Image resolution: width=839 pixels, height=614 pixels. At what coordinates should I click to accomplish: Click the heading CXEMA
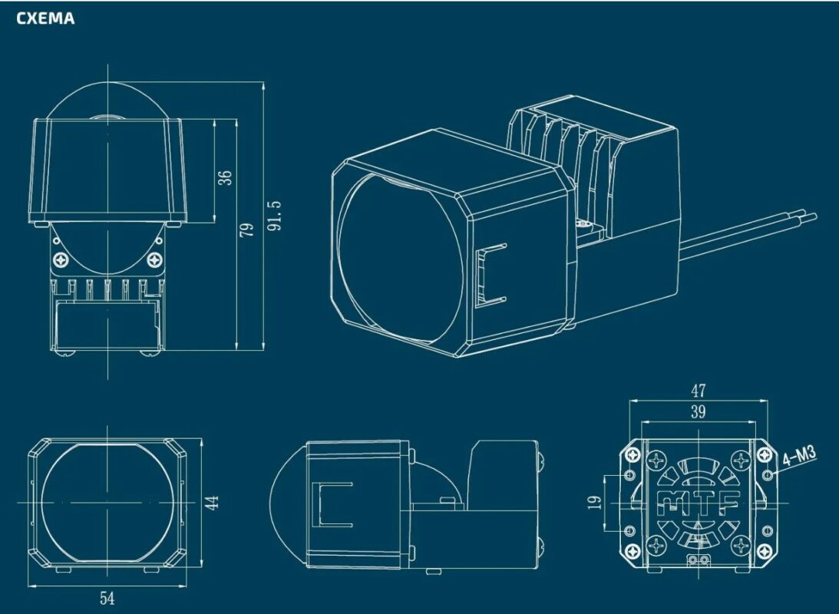pos(45,18)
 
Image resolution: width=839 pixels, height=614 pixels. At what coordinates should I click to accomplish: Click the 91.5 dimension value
pos(275,216)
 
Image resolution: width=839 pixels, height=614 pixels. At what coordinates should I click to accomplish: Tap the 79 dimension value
pos(246,230)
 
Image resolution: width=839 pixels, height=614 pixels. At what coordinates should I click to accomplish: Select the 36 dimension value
pos(225,177)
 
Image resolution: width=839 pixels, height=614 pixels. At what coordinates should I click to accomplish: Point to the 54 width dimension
pos(107,598)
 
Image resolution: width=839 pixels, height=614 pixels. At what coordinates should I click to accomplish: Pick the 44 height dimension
pos(213,503)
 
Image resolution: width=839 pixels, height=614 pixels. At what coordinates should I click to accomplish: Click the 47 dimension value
pos(699,391)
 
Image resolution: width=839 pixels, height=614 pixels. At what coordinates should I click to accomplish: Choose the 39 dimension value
pos(699,412)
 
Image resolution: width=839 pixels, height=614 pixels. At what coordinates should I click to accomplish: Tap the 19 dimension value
pos(595,502)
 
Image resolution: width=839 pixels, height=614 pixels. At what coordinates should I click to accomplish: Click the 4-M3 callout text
pos(799,458)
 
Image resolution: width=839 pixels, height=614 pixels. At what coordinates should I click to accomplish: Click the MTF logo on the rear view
pos(699,503)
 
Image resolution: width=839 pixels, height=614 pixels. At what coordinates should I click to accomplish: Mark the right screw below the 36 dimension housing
pos(156,260)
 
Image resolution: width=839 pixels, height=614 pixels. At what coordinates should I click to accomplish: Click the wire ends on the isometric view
pos(810,216)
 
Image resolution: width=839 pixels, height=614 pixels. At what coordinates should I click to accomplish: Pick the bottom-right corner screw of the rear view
pos(764,550)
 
